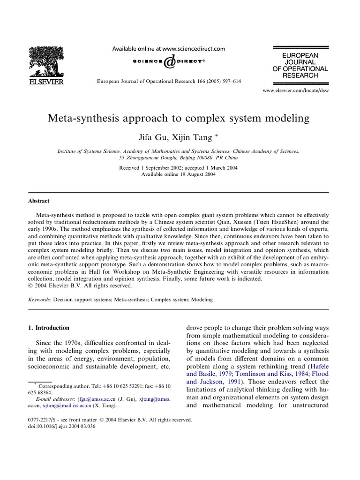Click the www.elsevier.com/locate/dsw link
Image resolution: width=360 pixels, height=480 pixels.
295,90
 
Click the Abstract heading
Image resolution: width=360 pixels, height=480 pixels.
39,201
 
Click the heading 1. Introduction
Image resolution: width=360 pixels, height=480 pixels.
49,328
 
